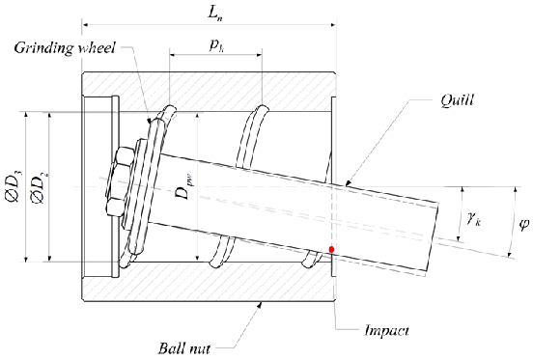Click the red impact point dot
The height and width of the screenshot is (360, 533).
pos(331,250)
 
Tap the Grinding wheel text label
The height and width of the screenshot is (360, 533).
pos(65,48)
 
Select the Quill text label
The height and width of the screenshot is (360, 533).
pos(457,100)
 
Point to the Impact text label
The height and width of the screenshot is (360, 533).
pos(386,330)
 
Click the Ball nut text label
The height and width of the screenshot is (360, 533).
pos(184,348)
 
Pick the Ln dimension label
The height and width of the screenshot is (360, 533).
pos(215,14)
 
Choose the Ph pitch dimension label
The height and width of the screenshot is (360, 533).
pos(216,45)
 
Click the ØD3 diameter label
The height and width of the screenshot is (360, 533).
pos(13,186)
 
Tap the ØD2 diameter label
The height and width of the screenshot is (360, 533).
pos(39,187)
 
